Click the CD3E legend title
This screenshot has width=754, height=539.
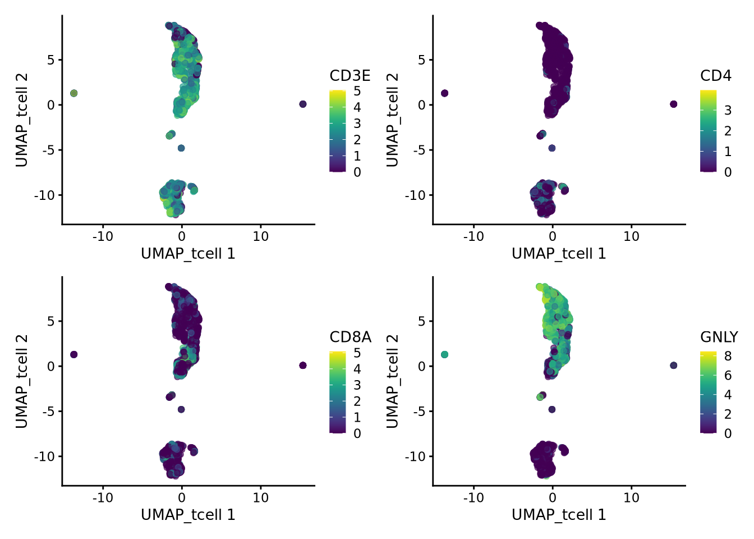tap(350, 76)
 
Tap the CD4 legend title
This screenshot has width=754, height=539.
tap(715, 76)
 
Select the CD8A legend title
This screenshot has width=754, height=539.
tap(350, 337)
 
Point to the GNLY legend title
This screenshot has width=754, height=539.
tap(719, 337)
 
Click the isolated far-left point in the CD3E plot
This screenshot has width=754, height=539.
tap(73, 93)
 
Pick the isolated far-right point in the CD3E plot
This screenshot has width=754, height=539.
tap(303, 104)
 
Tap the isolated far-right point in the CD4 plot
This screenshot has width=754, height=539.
tap(674, 104)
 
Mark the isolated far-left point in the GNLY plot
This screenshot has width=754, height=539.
tap(444, 354)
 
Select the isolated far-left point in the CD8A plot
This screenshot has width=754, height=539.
tap(73, 354)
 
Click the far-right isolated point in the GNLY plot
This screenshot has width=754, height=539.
tap(674, 366)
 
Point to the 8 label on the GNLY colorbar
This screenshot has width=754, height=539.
tap(728, 355)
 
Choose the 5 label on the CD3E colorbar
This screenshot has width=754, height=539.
tap(357, 91)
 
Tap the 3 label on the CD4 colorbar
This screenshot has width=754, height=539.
tap(728, 110)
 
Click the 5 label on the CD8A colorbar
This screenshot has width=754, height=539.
tap(357, 353)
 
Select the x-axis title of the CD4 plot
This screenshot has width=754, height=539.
tap(559, 254)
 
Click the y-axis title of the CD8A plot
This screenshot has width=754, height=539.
tap(21, 381)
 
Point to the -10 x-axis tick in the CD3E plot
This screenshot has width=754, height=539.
tap(103, 236)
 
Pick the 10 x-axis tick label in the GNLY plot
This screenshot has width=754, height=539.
tap(631, 497)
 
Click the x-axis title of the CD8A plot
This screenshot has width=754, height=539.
tap(188, 515)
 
